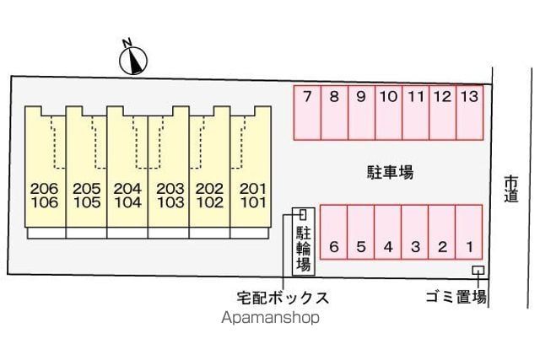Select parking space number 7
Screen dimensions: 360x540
(307, 112)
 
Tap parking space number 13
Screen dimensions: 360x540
(469, 112)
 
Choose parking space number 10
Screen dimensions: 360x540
(388, 112)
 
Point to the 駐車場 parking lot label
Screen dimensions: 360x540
(390, 172)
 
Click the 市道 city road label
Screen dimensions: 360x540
(510, 189)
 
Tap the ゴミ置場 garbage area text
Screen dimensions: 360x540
(456, 297)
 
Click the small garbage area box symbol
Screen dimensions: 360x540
(478, 270)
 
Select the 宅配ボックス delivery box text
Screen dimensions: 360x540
(282, 297)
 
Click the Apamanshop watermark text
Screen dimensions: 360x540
(271, 318)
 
